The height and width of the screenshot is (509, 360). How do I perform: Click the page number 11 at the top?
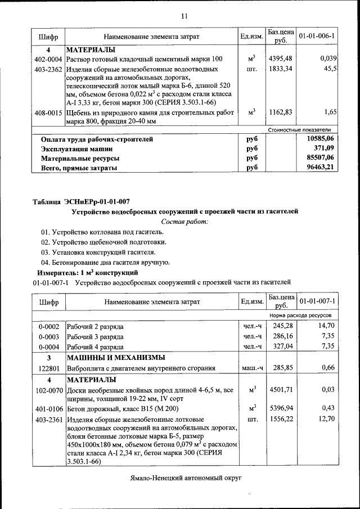[184, 16]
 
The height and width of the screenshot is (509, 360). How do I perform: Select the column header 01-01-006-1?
[317, 37]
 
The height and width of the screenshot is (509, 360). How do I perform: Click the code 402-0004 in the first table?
[48, 59]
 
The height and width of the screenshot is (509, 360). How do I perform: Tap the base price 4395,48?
[281, 59]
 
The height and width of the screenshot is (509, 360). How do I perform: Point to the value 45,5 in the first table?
[330, 69]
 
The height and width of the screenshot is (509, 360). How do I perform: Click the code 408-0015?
[48, 113]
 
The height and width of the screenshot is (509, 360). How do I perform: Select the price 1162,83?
[281, 113]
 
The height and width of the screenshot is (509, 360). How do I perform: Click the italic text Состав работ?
[184, 222]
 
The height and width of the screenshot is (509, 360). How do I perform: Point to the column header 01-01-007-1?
[317, 302]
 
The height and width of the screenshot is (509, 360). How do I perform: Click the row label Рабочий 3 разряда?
[95, 336]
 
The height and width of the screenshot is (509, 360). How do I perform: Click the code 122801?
[48, 368]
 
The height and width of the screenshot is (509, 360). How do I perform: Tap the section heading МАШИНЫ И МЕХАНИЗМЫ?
[116, 358]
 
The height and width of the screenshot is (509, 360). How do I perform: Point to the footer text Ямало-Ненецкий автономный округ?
[184, 477]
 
